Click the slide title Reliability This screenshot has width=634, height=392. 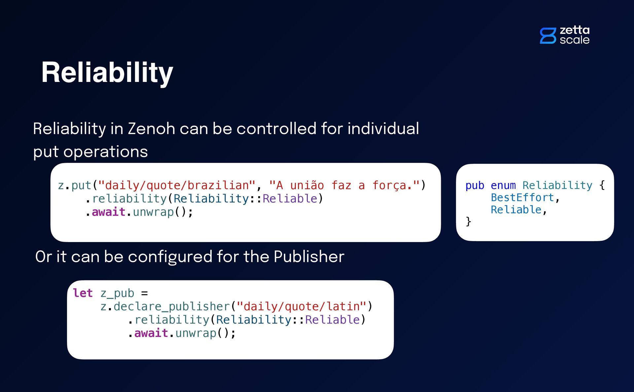click(107, 72)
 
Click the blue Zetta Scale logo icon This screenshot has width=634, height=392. click(548, 36)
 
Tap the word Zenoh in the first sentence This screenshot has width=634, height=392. click(151, 128)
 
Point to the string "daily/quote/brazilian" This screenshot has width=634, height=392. click(177, 185)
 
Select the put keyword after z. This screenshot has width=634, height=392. click(81, 185)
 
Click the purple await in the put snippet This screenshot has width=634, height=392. click(108, 212)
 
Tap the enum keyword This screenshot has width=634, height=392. click(503, 185)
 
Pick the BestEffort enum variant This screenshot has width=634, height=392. click(522, 197)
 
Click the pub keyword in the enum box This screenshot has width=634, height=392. click(475, 185)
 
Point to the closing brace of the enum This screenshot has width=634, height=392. click(468, 221)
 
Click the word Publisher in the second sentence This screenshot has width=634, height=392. click(309, 257)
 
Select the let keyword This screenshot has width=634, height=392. click(83, 293)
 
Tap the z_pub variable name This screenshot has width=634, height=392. click(117, 293)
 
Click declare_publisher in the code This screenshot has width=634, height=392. click(171, 306)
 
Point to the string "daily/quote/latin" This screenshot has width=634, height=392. click(302, 306)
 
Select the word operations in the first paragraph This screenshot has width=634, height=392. click(105, 152)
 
